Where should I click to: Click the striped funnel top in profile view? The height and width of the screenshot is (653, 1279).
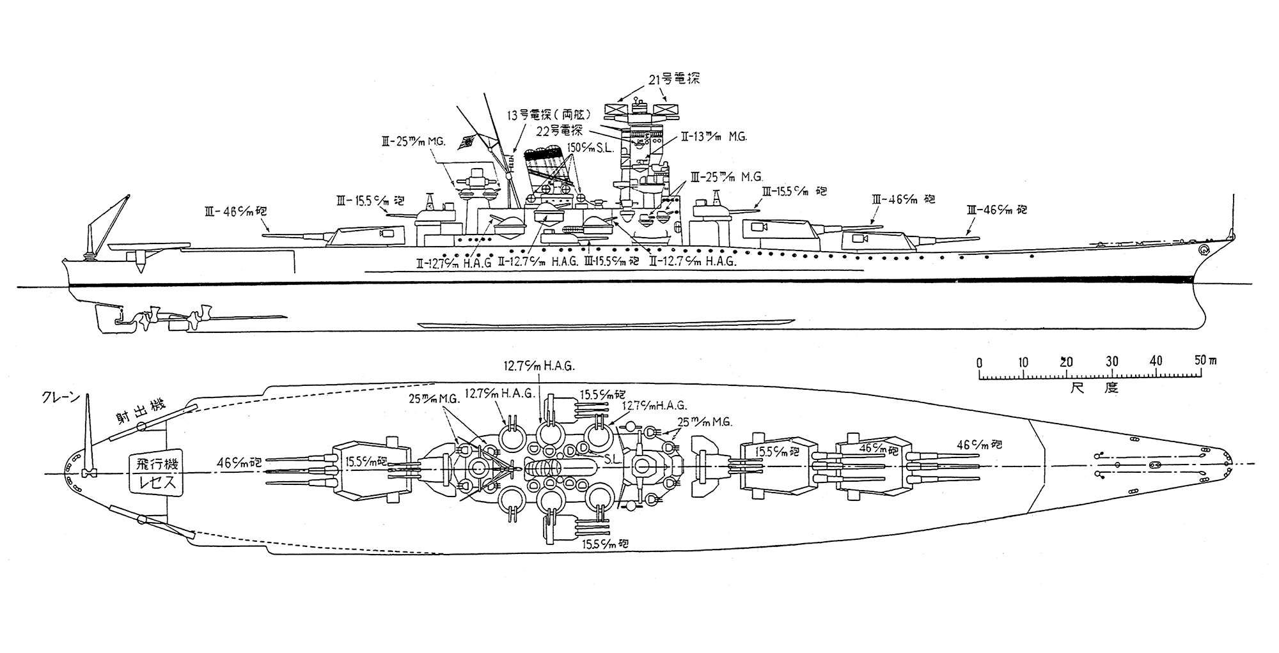coord(542,154)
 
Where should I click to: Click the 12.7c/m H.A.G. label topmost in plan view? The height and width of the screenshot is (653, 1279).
coord(538,367)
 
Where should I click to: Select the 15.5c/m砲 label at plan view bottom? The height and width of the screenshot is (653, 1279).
coord(605,544)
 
